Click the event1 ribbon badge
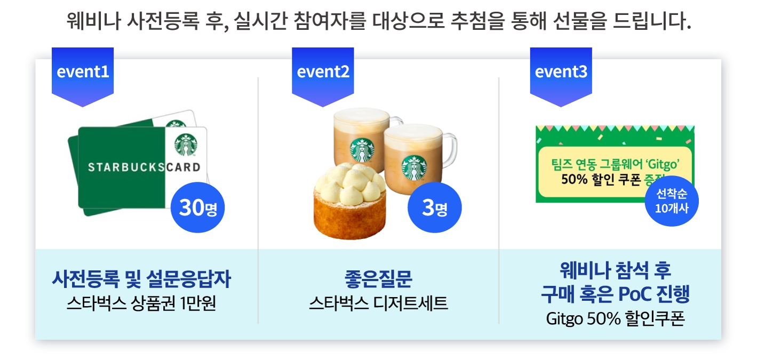coord(83,76)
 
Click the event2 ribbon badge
coord(323,76)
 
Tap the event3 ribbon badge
coord(561,76)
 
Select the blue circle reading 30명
coord(198,207)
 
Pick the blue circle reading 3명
coord(435,207)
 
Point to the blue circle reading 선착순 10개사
coord(672,201)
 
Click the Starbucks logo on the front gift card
coord(186,145)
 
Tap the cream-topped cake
coord(350,201)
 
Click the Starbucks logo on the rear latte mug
coord(362,150)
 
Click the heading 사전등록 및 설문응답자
coord(141,279)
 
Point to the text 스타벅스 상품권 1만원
coord(141,303)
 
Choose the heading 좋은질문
coord(379,279)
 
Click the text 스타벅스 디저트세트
coord(379,303)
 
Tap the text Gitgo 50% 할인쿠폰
coord(616,318)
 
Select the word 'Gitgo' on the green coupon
coord(663,164)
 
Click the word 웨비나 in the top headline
coord(93,21)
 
